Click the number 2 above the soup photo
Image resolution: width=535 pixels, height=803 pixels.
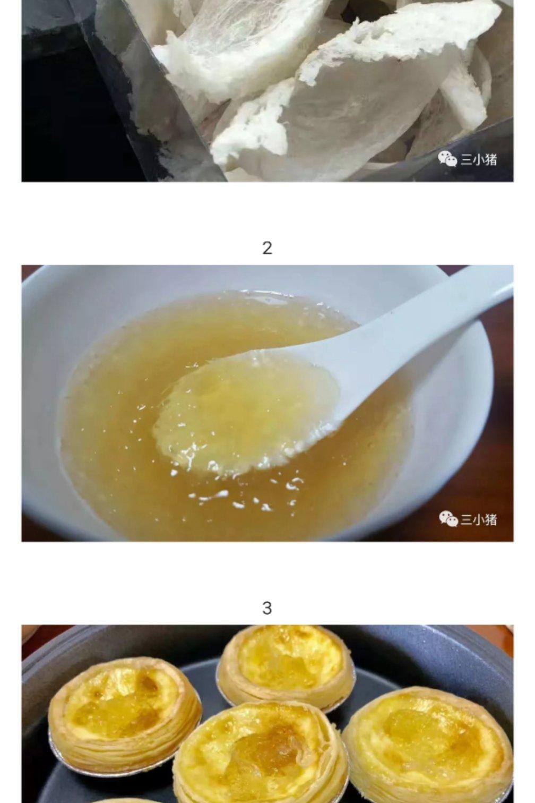[x=267, y=248]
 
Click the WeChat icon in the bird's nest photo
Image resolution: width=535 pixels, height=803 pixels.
[x=447, y=159]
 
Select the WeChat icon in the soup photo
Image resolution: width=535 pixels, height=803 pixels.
[x=448, y=519]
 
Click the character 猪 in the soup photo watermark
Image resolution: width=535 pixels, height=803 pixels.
[x=490, y=519]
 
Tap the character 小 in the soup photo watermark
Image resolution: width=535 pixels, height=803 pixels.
[x=478, y=519]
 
